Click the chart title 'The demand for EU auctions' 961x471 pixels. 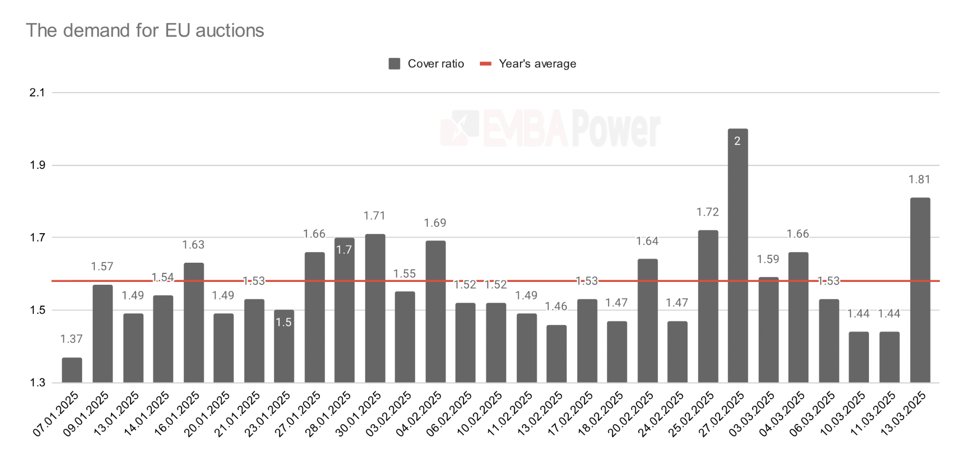click(x=145, y=31)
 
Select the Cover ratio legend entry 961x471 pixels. click(x=426, y=64)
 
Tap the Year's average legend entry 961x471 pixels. click(x=528, y=64)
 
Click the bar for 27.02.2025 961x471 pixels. click(x=737, y=256)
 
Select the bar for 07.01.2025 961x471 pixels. click(x=72, y=370)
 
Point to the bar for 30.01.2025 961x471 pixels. click(x=375, y=308)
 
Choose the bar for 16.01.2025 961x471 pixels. click(x=194, y=323)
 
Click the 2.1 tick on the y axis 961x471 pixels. click(x=37, y=93)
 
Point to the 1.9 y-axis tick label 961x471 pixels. click(x=37, y=165)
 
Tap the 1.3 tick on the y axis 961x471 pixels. click(x=37, y=383)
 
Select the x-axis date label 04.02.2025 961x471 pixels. click(x=419, y=414)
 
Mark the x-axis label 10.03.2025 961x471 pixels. click(x=843, y=414)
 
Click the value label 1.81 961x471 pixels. click(x=919, y=180)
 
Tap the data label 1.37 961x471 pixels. click(x=71, y=339)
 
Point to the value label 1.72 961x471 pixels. click(x=707, y=213)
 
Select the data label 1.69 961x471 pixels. click(x=435, y=223)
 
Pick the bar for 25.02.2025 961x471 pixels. click(x=707, y=306)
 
